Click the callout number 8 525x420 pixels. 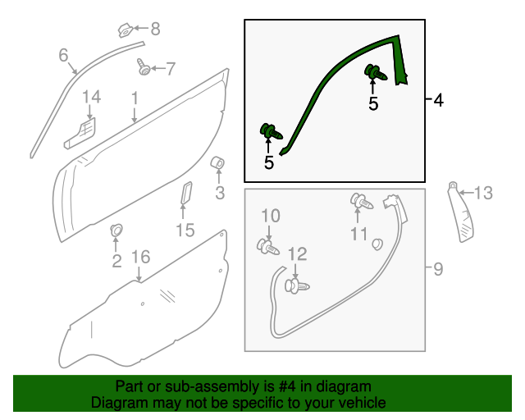pyautogui.click(x=154, y=30)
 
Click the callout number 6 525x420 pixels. pyautogui.click(x=63, y=56)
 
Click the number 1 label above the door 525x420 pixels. pyautogui.click(x=134, y=98)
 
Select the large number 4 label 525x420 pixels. pyautogui.click(x=438, y=100)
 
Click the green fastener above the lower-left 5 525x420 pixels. pyautogui.click(x=268, y=130)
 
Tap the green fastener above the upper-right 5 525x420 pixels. pyautogui.click(x=374, y=73)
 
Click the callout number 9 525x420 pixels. pyautogui.click(x=438, y=268)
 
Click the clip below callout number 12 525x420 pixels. pyautogui.click(x=296, y=285)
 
